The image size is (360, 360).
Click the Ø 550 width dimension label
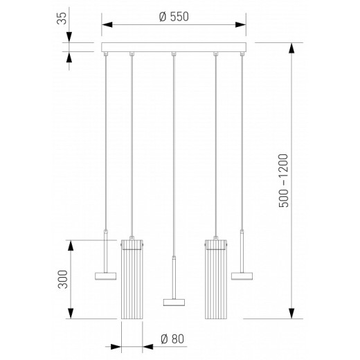[174, 18]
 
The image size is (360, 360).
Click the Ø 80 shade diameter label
[171, 339]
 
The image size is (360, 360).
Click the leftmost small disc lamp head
[105, 276]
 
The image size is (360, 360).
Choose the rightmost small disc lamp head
[242, 276]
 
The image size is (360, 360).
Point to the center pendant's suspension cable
[174, 152]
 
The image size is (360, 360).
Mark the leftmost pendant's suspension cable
[105, 138]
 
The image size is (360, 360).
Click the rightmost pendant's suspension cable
[242, 138]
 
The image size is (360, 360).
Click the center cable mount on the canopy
[174, 54]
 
